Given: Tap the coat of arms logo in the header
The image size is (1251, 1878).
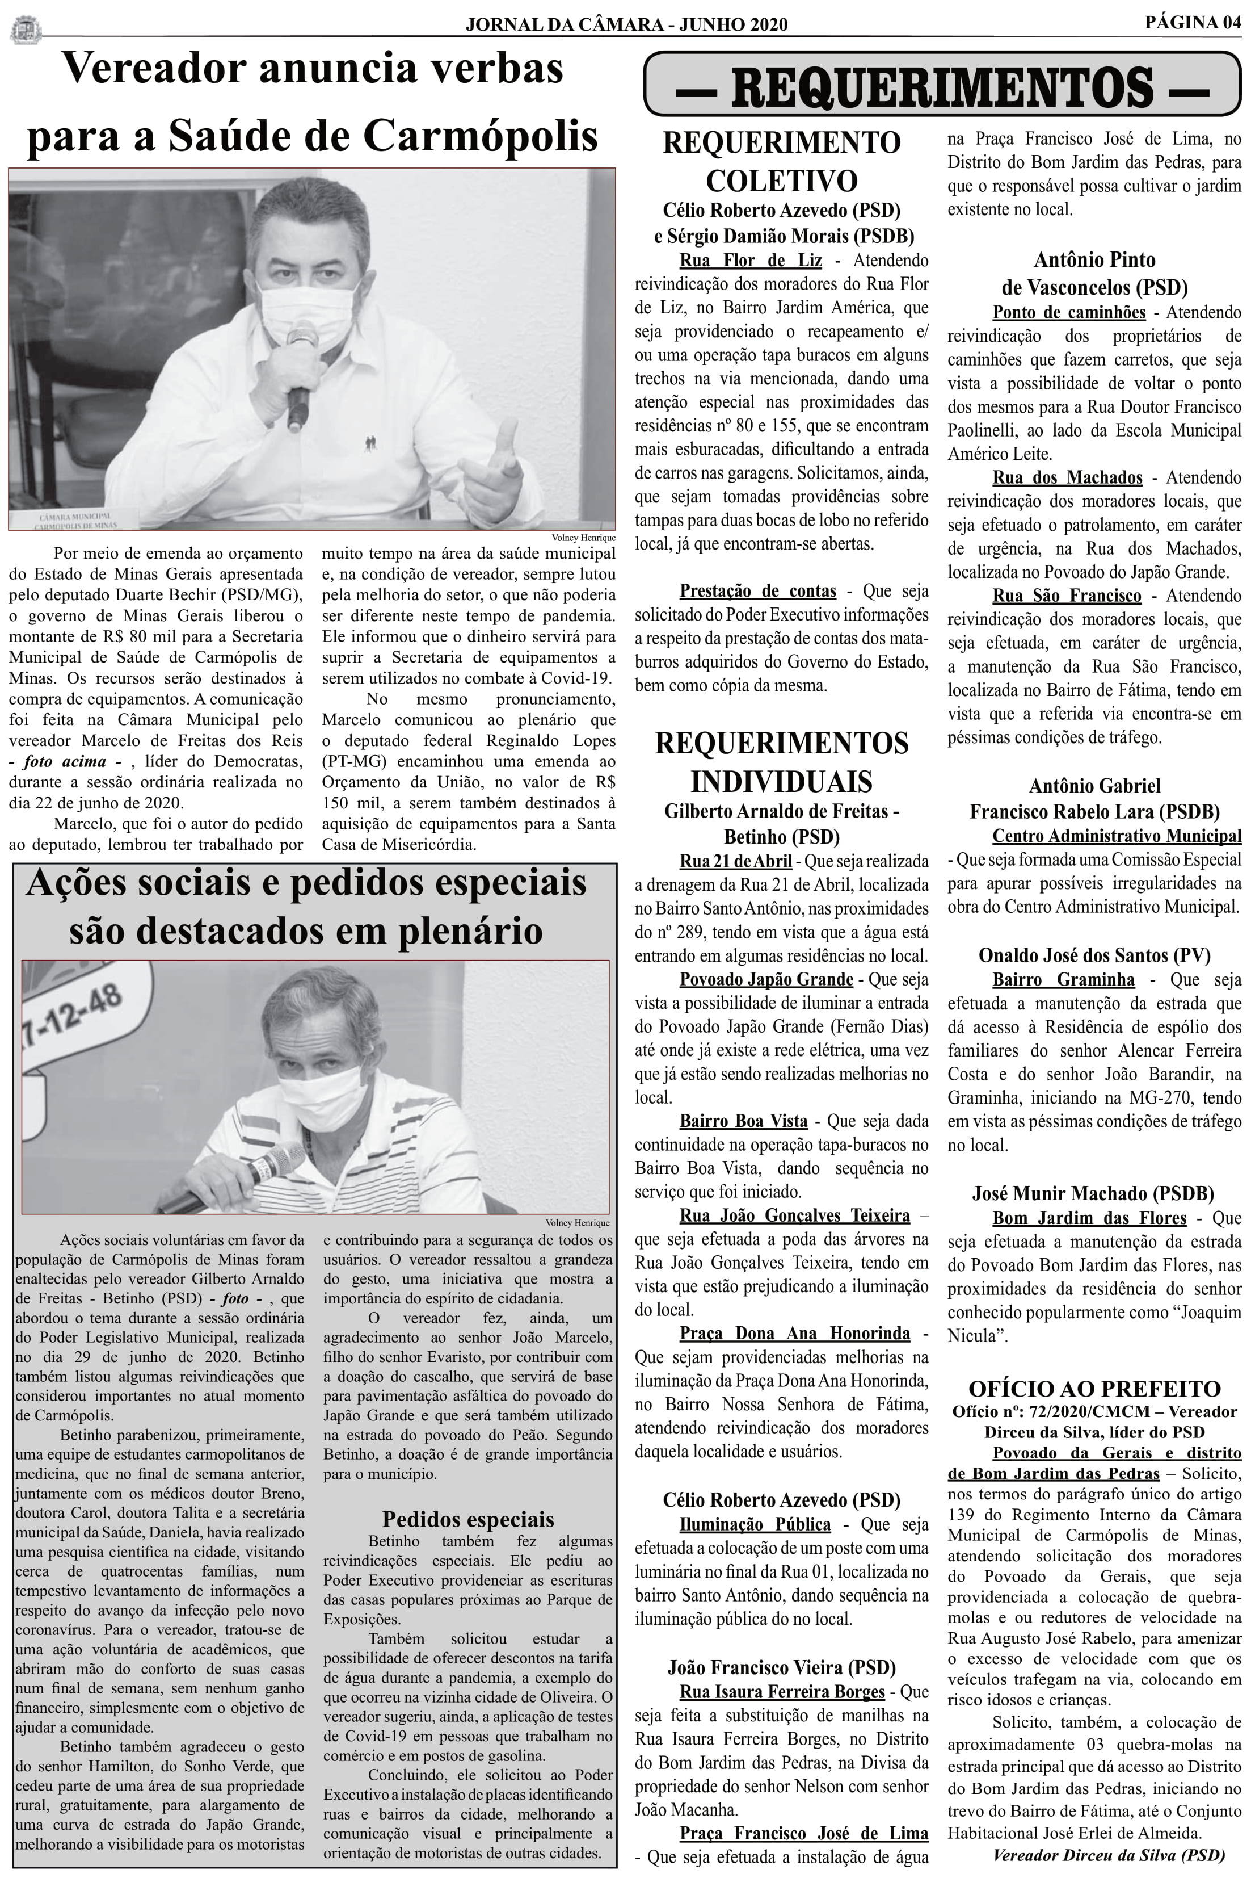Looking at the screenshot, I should click(26, 30).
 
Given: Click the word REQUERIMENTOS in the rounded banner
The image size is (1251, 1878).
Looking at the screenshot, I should click(941, 86).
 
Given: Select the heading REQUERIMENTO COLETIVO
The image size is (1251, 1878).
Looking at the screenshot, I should click(781, 162).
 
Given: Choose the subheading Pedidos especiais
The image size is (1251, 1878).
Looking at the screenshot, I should click(467, 1518).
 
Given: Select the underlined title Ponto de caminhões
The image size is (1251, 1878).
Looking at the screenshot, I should click(1068, 312).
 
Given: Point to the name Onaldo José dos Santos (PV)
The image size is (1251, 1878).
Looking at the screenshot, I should click(1094, 955).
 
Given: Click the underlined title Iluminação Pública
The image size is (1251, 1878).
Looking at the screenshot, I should click(755, 1524).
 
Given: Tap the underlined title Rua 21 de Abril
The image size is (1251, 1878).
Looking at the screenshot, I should click(736, 861).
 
